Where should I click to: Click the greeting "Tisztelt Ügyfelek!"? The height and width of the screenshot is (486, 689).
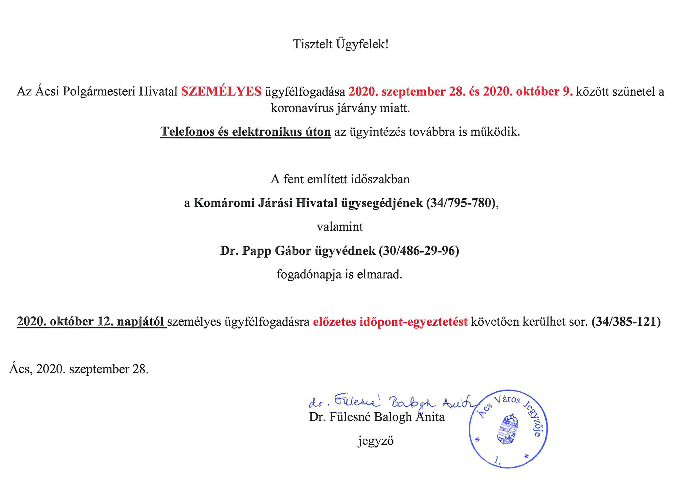(340, 44)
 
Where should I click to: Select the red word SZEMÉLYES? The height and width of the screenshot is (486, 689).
(221, 91)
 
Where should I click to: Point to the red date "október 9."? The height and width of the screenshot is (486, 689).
(544, 91)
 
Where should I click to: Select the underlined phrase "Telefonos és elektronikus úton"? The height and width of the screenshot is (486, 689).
(245, 132)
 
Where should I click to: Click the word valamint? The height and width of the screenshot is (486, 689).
(340, 227)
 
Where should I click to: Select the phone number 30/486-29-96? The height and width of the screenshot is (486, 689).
(419, 251)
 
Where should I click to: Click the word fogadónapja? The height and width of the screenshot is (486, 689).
(309, 274)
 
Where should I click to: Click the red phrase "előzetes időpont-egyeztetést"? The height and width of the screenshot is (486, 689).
(390, 322)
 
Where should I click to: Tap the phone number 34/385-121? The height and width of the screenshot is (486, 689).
(626, 322)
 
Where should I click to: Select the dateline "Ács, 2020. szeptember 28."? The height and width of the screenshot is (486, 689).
(79, 369)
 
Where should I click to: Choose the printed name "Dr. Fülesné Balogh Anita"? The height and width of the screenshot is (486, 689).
(376, 417)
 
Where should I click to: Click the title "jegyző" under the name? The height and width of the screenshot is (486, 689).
(376, 441)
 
